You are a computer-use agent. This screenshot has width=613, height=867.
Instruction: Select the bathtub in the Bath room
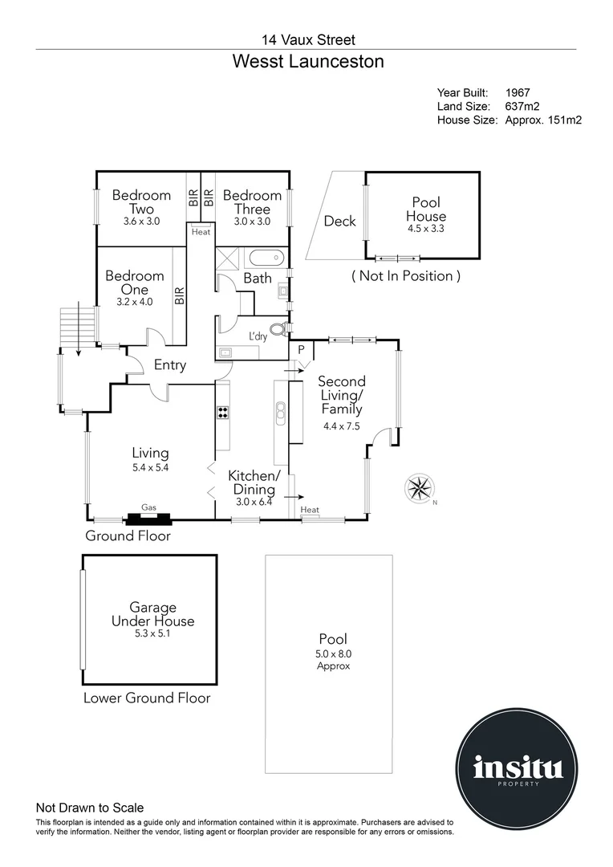click(265, 259)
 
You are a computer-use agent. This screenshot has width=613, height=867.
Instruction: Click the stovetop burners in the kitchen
click(223, 413)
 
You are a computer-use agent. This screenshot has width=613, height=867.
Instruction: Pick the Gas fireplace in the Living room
click(148, 516)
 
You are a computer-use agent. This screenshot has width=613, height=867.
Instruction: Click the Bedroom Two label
click(141, 202)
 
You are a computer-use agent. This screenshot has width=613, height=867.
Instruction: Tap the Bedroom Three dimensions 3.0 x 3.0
click(252, 222)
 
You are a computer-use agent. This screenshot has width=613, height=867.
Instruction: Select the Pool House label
click(425, 210)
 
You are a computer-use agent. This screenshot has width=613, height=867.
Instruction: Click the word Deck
click(339, 221)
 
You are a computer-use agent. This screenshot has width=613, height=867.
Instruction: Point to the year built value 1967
click(518, 93)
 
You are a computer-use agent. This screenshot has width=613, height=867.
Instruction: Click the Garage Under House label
click(152, 614)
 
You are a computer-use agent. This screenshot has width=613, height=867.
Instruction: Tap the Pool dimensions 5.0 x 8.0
click(333, 654)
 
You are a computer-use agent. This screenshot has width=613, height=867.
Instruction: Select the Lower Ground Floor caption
click(147, 698)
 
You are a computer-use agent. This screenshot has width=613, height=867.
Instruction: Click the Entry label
click(170, 365)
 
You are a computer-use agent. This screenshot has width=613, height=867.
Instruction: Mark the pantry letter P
click(301, 350)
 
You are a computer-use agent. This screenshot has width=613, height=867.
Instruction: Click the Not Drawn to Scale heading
click(90, 808)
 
